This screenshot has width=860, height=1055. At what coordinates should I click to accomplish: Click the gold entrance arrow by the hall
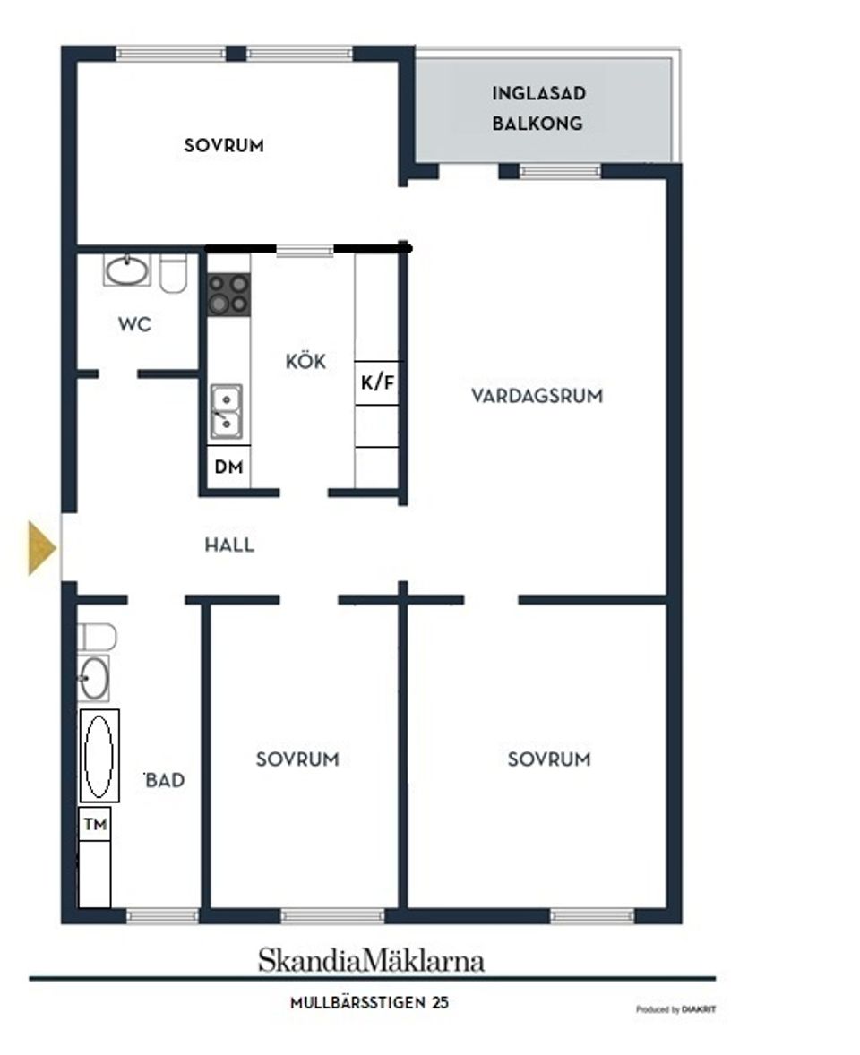click(x=41, y=547)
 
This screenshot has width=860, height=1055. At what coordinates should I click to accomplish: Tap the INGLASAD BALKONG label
click(x=537, y=108)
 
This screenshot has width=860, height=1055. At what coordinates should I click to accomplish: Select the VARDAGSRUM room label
click(x=537, y=396)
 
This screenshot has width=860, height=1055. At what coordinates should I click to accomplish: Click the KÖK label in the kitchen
click(x=305, y=363)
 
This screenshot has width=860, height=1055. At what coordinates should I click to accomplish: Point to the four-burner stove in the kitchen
click(x=228, y=295)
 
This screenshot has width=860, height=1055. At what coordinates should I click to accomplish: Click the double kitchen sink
click(x=226, y=411)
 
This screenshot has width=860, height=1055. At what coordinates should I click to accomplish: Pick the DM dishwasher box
click(x=228, y=467)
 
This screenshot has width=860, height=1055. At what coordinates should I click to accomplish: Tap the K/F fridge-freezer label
click(x=377, y=383)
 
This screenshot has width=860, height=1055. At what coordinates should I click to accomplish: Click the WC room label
click(x=134, y=325)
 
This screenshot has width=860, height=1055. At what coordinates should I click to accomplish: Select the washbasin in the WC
click(x=126, y=270)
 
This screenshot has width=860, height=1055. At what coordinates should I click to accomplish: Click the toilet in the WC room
click(x=174, y=272)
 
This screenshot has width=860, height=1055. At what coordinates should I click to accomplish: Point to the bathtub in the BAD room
click(x=99, y=756)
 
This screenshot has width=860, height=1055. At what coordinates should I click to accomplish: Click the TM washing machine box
click(x=95, y=825)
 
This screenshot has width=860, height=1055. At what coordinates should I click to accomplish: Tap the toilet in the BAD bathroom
click(x=96, y=637)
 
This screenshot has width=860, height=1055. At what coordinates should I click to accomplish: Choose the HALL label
click(x=228, y=545)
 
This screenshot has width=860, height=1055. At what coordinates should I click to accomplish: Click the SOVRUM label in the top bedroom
click(x=224, y=145)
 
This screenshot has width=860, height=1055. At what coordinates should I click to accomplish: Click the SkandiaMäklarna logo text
click(x=371, y=961)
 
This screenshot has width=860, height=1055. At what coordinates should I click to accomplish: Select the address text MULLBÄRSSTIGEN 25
click(x=369, y=1003)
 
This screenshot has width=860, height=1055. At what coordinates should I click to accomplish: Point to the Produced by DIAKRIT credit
click(x=675, y=1009)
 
